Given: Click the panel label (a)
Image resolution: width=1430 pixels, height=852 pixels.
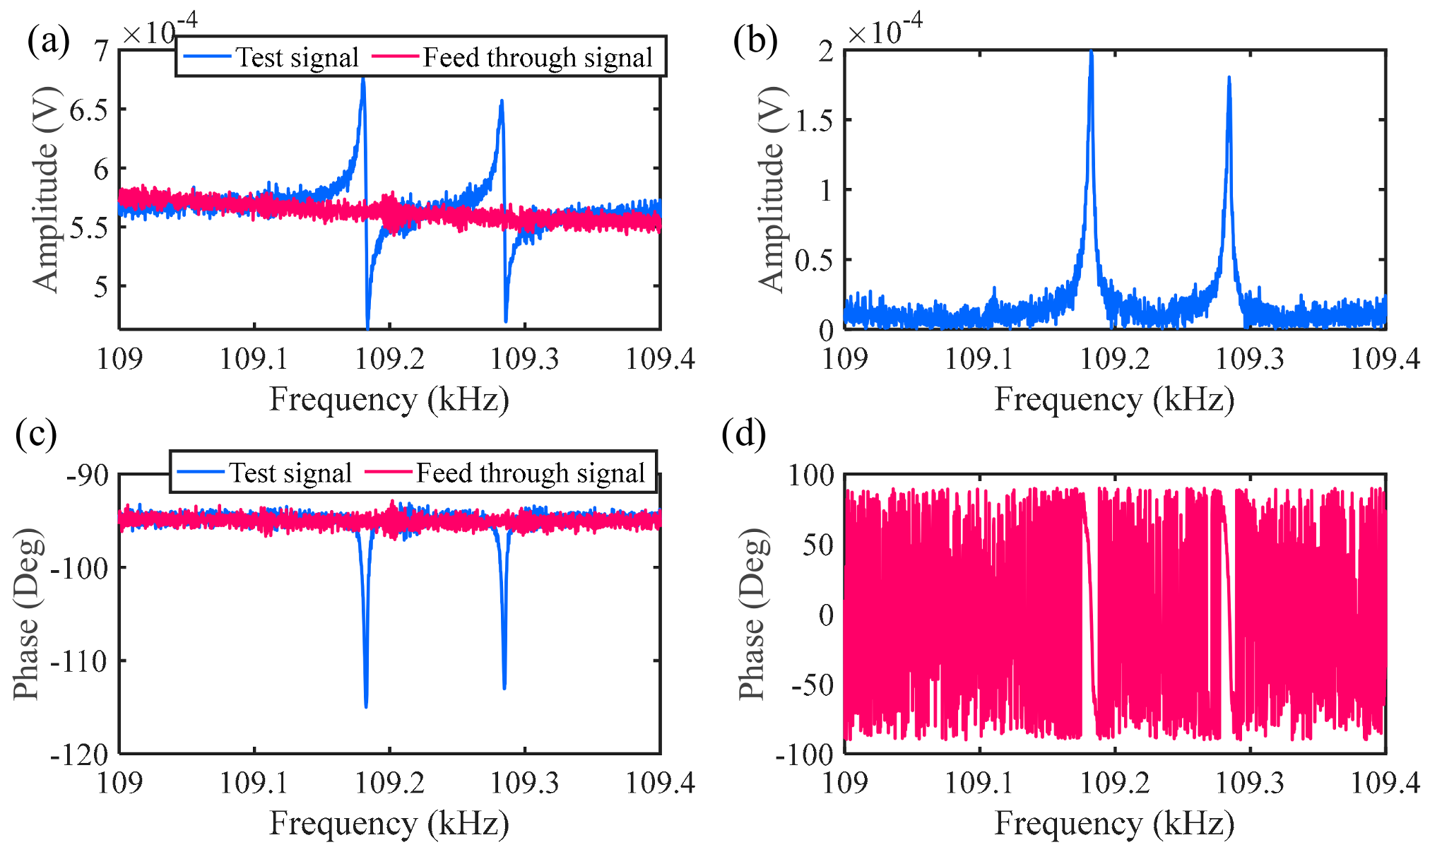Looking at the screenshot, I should [48, 40].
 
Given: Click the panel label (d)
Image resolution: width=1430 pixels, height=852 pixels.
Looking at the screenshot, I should [743, 433].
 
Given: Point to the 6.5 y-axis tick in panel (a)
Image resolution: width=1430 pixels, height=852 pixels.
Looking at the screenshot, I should [88, 110].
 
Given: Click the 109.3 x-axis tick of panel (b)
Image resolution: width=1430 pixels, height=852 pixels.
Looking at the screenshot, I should [1249, 359].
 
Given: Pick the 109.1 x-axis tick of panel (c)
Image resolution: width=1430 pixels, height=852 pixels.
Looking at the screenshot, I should [254, 783].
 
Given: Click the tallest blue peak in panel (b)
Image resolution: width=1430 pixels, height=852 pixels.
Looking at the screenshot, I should [1092, 54].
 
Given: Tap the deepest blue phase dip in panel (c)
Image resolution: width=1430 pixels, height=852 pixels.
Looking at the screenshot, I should [366, 704].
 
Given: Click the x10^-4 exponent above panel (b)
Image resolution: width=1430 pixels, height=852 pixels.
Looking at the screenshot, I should [885, 30].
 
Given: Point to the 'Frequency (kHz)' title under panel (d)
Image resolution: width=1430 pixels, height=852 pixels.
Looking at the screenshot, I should [1114, 824].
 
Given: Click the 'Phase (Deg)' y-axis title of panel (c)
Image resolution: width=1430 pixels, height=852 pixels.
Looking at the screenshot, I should [26, 613].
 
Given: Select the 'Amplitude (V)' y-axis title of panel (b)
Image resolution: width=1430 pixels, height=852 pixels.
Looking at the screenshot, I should [772, 189].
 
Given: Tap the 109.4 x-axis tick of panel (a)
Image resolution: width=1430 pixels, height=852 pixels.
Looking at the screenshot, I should [660, 359].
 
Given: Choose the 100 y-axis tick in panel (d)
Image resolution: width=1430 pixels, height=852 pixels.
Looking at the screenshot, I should [811, 475].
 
